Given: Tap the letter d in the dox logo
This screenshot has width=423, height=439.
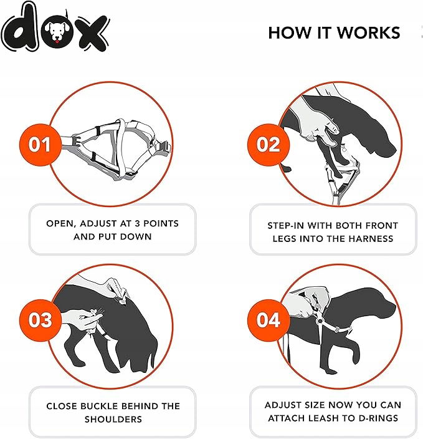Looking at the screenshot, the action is (20, 27).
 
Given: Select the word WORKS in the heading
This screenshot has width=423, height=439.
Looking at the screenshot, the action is (368, 33).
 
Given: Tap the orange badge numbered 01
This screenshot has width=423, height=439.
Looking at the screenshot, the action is (40, 145).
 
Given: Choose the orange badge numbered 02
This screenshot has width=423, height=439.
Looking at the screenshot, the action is (269, 145).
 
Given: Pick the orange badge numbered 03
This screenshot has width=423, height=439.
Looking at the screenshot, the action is (40, 320).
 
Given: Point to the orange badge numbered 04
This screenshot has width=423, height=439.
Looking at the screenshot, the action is (269, 320).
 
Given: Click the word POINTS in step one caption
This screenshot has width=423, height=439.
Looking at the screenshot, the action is (161, 223).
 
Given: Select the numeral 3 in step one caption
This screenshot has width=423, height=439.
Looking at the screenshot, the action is (137, 223).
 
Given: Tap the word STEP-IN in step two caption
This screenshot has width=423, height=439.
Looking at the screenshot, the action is (285, 225).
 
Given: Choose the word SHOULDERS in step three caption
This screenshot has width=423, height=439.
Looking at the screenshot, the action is (113, 419).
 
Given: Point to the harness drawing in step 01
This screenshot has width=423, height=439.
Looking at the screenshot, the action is (116, 148).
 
